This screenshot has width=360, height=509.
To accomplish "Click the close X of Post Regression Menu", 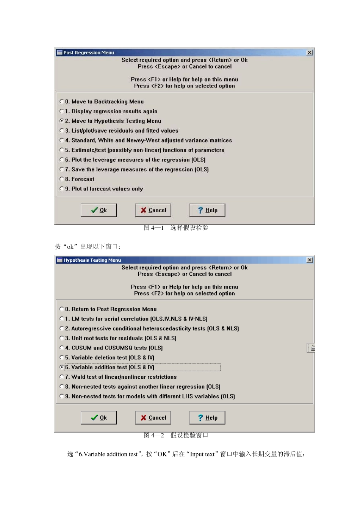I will coord(310,53).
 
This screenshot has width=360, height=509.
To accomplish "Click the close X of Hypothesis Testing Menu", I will coord(310,260).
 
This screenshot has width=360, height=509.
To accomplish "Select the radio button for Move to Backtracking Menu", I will coord(62,101).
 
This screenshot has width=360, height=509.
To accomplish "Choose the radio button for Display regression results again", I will coord(62,111).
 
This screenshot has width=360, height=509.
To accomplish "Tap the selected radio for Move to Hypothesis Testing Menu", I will coord(62,121).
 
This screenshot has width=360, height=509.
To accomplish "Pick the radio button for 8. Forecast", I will coord(62,179).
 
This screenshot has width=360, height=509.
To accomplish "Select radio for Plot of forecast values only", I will coord(62,189).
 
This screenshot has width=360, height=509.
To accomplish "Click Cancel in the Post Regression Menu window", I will coord(153,210).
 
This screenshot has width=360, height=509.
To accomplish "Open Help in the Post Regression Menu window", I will coord(207,210).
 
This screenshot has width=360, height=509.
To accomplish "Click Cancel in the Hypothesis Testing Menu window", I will coord(153,418).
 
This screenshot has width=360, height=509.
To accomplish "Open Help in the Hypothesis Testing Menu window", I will coord(207,418).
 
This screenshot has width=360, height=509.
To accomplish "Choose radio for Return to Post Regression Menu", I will coord(62,309).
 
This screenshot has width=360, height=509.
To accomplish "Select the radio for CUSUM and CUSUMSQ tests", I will coord(62,348).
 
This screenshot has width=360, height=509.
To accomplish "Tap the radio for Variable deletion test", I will coord(62,358).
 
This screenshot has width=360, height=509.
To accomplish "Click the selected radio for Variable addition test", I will coord(62,367).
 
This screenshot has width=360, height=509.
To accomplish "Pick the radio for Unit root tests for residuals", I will coord(62,338).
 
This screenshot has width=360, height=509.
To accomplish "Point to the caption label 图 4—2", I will coord(154,436).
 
